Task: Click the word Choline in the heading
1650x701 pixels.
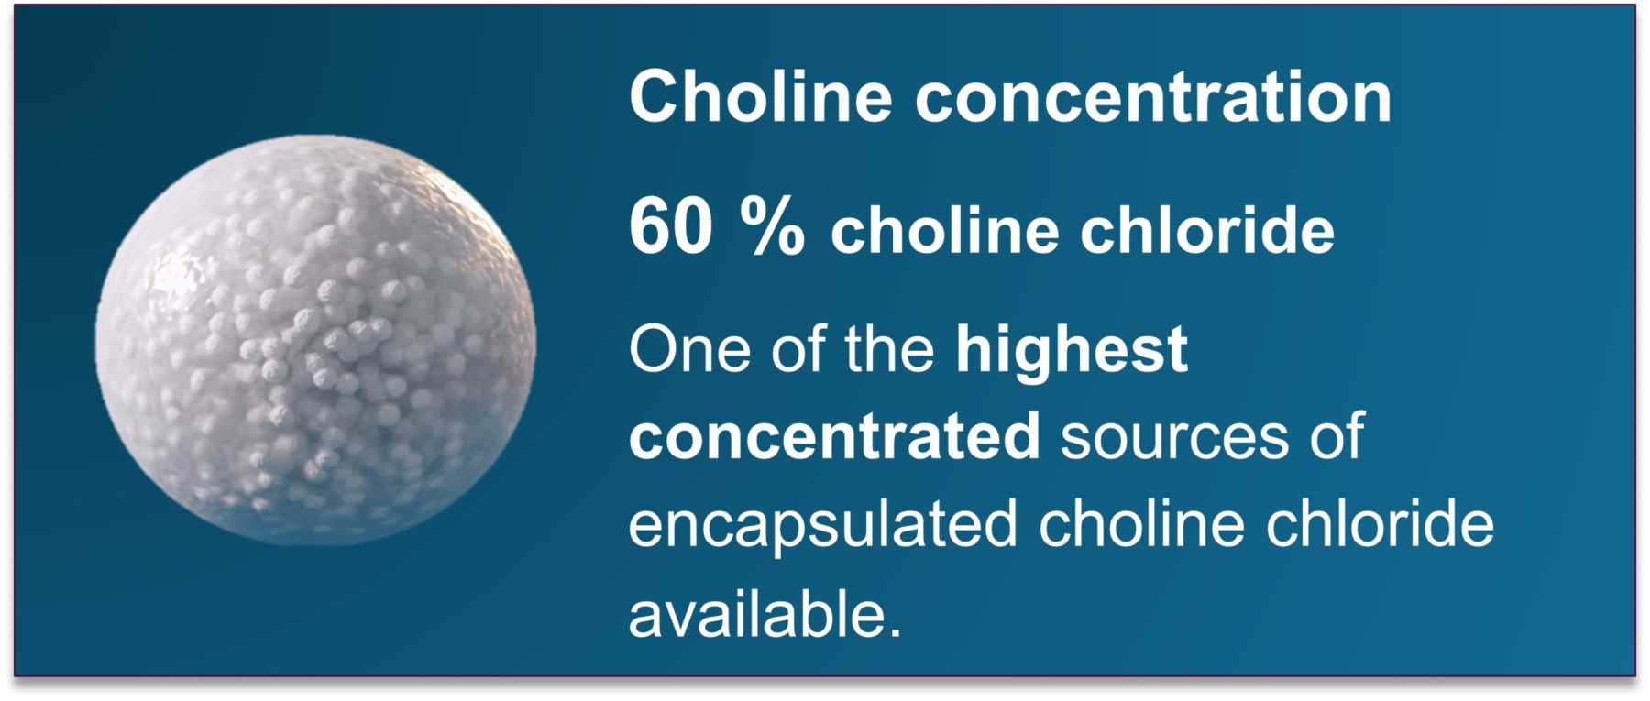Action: coord(760,96)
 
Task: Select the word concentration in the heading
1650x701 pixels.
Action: coord(1153,98)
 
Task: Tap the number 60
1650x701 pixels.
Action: coord(670,227)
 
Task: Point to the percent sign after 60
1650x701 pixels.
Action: coord(772,227)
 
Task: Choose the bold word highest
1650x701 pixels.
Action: coord(1072,351)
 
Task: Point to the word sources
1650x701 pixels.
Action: coord(1173,437)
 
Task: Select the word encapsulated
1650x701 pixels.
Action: coord(822,525)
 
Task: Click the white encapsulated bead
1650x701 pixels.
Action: coord(315,341)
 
